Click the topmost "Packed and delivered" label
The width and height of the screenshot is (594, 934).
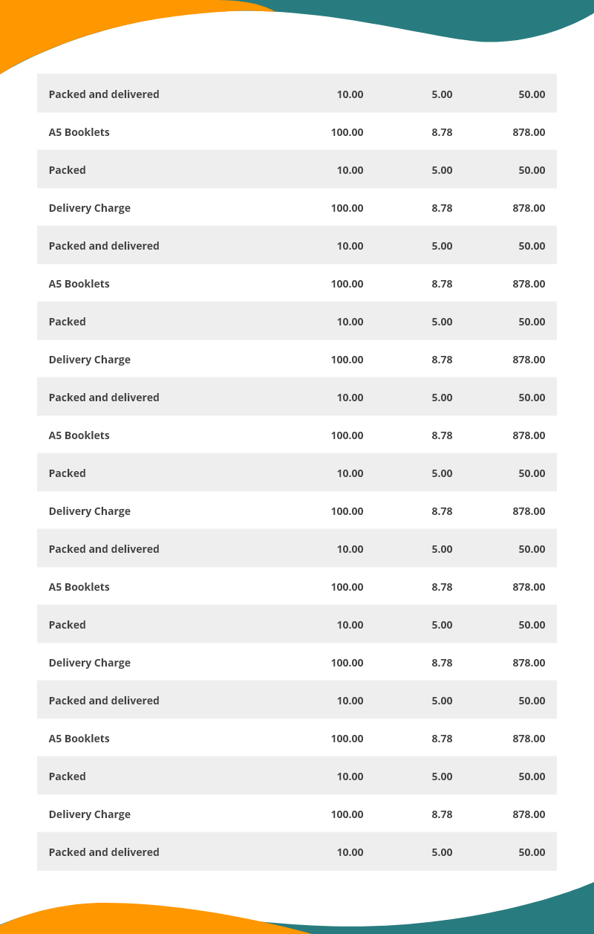[x=104, y=94]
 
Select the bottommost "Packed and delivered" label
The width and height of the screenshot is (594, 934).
[x=104, y=852]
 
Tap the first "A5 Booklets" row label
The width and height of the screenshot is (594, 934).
[x=79, y=132]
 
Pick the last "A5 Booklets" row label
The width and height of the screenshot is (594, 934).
[x=79, y=739]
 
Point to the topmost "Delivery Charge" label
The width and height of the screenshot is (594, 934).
[x=89, y=208]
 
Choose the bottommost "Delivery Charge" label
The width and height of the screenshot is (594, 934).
[x=89, y=814]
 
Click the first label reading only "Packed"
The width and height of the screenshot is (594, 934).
[x=67, y=170]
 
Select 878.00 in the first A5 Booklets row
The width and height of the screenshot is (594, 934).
[x=529, y=132]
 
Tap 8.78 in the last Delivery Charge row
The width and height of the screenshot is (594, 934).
[x=442, y=814]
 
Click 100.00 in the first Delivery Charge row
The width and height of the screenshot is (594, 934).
[x=347, y=208]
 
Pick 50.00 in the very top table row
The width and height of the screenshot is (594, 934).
[x=532, y=94]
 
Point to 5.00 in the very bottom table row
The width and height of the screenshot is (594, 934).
[x=442, y=852]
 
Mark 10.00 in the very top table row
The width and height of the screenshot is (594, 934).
[x=350, y=94]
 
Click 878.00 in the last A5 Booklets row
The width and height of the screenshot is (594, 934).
[x=529, y=739]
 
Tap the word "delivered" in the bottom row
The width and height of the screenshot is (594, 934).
[x=135, y=852]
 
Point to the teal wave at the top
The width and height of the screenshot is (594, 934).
[x=475, y=19]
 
